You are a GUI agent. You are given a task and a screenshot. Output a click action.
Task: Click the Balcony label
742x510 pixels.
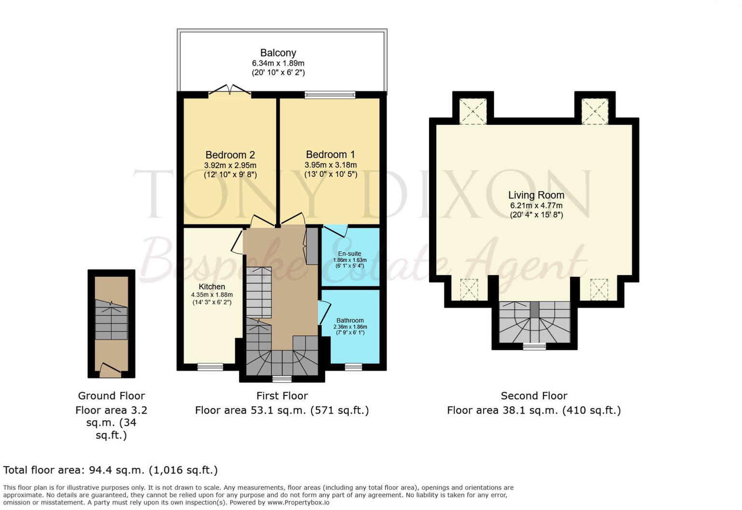click(278, 53)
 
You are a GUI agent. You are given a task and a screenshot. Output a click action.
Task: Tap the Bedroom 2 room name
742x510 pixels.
click(230, 155)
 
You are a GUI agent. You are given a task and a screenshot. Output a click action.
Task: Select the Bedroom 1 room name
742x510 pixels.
click(330, 155)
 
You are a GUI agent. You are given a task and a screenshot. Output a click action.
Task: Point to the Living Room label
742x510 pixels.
click(536, 195)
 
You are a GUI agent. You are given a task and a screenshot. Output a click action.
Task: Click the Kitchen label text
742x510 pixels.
click(212, 287)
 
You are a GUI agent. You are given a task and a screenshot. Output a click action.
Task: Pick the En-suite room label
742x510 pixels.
click(349, 254)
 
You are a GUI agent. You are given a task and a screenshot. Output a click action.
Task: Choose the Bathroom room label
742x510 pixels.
click(350, 320)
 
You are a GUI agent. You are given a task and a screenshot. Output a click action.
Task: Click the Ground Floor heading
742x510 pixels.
click(111, 396)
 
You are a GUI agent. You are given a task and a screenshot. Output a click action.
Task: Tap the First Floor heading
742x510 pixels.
click(282, 396)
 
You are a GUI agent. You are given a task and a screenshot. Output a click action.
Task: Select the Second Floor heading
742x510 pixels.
click(534, 396)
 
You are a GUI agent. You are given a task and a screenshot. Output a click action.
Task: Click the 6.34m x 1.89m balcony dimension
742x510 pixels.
click(278, 63)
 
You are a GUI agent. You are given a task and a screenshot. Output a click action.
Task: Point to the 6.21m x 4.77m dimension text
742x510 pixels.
click(536, 205)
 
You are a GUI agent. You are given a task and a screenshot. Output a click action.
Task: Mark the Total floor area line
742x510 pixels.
click(110, 470)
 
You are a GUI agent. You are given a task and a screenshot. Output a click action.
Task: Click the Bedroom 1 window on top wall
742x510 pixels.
click(330, 95)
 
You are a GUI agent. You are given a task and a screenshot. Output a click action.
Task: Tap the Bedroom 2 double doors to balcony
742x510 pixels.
click(229, 90)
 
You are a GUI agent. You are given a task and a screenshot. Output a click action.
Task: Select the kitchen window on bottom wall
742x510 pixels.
click(210, 367)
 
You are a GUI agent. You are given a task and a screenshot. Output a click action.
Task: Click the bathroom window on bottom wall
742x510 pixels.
click(354, 367)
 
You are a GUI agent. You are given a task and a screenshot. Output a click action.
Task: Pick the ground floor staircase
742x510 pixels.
click(111, 320)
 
